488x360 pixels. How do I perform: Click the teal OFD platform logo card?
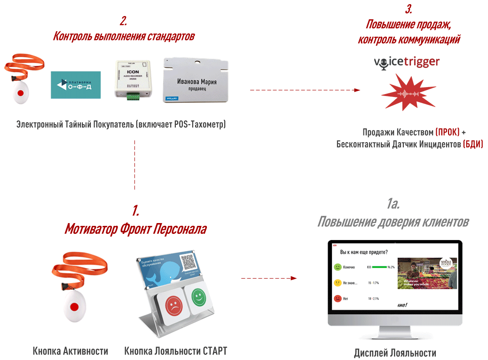76,85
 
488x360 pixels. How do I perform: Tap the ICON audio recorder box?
132,79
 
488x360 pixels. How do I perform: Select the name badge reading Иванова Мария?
197,80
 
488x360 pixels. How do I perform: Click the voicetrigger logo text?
407,62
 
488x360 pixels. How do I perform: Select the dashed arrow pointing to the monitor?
269,278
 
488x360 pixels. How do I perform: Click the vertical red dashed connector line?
135,165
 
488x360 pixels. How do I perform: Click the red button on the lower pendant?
74,307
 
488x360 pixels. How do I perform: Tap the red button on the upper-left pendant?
20,93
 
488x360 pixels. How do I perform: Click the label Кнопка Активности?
71,351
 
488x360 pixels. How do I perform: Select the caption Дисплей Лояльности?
395,353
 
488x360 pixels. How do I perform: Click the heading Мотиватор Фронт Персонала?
135,229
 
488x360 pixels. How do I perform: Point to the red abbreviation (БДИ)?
473,144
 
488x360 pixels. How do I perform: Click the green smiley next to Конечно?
337,267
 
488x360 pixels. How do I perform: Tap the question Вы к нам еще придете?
367,252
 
